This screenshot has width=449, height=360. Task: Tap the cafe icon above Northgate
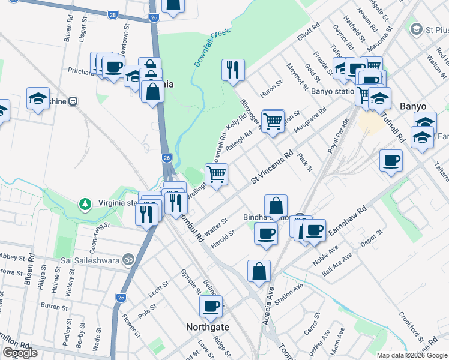[211, 306]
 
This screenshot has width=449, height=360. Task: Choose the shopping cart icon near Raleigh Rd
[273, 121]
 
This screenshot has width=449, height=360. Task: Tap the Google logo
[20, 353]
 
